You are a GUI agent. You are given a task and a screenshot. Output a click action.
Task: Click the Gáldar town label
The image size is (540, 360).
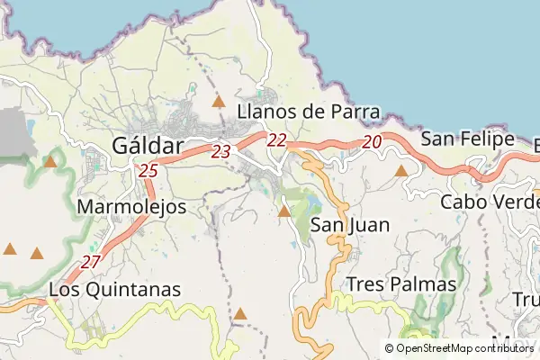click(x=148, y=145)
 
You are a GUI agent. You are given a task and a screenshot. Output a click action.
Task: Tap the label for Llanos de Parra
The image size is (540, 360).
click(x=309, y=112)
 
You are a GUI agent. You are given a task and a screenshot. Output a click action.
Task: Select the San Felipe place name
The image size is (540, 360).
click(x=468, y=139)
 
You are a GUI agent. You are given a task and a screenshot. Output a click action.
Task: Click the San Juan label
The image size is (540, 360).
click(x=350, y=225)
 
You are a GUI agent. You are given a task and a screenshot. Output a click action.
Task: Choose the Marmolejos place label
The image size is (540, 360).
click(x=132, y=207)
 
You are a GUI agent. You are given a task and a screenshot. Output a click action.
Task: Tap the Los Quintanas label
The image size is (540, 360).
click(x=114, y=290)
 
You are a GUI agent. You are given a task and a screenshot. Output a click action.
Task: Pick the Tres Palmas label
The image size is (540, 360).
click(x=401, y=284)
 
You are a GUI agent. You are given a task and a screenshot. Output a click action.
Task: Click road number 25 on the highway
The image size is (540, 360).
click(x=148, y=169)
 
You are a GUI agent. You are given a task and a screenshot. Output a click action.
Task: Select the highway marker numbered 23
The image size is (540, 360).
click(x=220, y=152)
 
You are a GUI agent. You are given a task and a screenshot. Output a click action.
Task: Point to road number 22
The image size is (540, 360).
click(x=276, y=139)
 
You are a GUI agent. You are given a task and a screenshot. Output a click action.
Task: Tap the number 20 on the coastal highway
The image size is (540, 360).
click(x=373, y=141)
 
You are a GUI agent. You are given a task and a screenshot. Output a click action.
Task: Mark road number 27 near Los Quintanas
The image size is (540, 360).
click(x=91, y=262)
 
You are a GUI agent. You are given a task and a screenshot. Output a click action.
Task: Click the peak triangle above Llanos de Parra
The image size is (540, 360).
click(x=218, y=102)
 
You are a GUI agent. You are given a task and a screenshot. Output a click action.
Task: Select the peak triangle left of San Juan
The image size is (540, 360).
click(x=284, y=211)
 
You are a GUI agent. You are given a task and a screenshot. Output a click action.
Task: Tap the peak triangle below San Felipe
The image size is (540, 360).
click(x=401, y=170)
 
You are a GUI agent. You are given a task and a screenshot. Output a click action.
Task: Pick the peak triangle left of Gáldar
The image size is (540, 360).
click(x=51, y=163)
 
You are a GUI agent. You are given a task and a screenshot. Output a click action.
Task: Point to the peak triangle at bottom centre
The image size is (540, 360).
click(x=240, y=314)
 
